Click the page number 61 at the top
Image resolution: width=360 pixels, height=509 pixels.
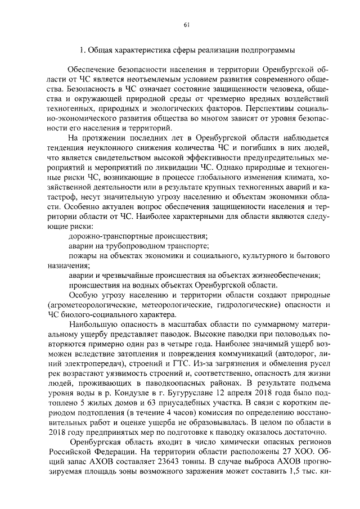pos(186,24)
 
